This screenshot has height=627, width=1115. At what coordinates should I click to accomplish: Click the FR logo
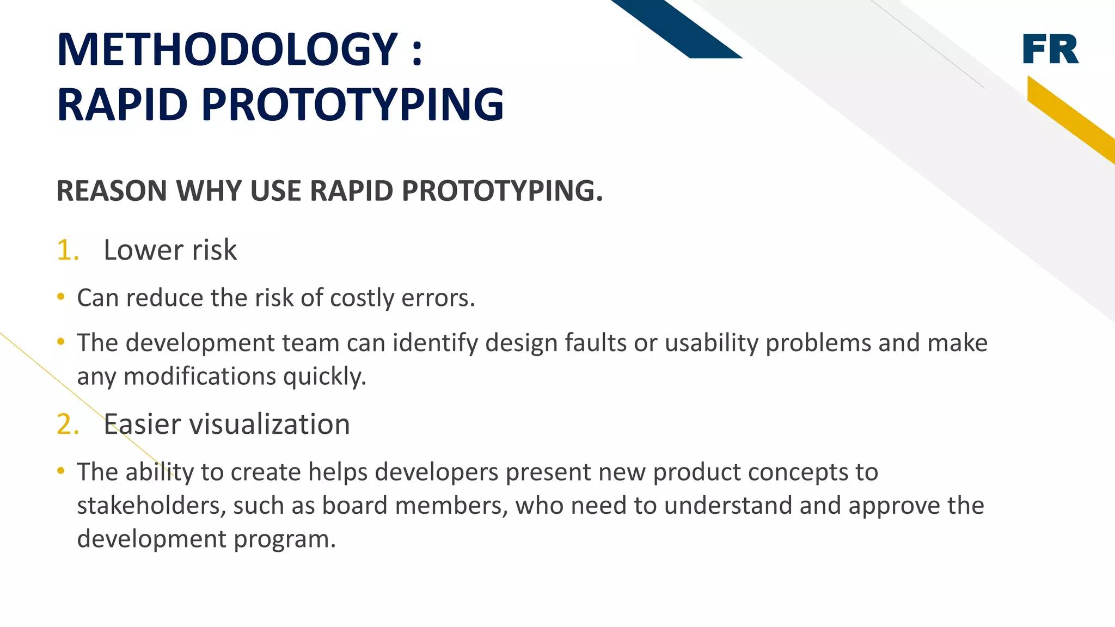[x=1050, y=49]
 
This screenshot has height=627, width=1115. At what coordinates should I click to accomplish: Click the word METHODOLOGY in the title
[x=228, y=50]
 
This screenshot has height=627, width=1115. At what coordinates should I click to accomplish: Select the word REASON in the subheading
[x=112, y=191]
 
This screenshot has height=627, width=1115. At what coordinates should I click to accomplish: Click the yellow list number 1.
[x=68, y=250]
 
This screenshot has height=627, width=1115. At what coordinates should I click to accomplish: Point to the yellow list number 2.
[x=68, y=425]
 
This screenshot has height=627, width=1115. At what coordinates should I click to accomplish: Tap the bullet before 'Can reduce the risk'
[x=61, y=297]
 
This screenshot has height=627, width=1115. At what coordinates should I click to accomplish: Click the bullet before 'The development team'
[x=61, y=342]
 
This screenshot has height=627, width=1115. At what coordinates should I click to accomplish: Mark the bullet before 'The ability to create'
[x=61, y=471]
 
